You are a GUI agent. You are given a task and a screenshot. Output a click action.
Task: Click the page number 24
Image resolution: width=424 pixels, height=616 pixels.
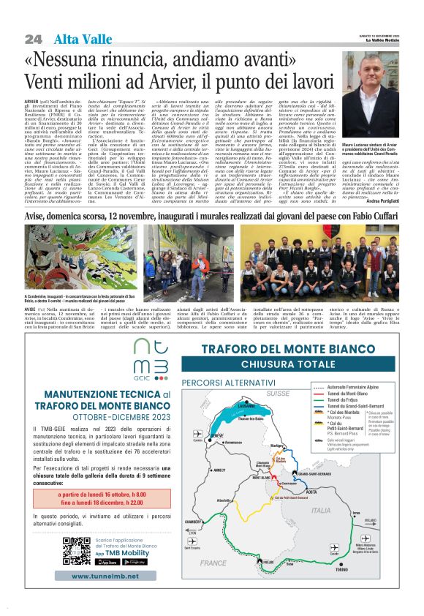(32, 38)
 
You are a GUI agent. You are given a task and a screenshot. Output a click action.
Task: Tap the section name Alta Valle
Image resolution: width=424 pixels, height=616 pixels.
(76, 38)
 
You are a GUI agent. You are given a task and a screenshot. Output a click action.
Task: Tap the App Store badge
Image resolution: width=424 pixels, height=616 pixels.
(107, 562)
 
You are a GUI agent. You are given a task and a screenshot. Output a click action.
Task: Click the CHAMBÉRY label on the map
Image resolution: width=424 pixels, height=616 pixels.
(193, 522)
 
